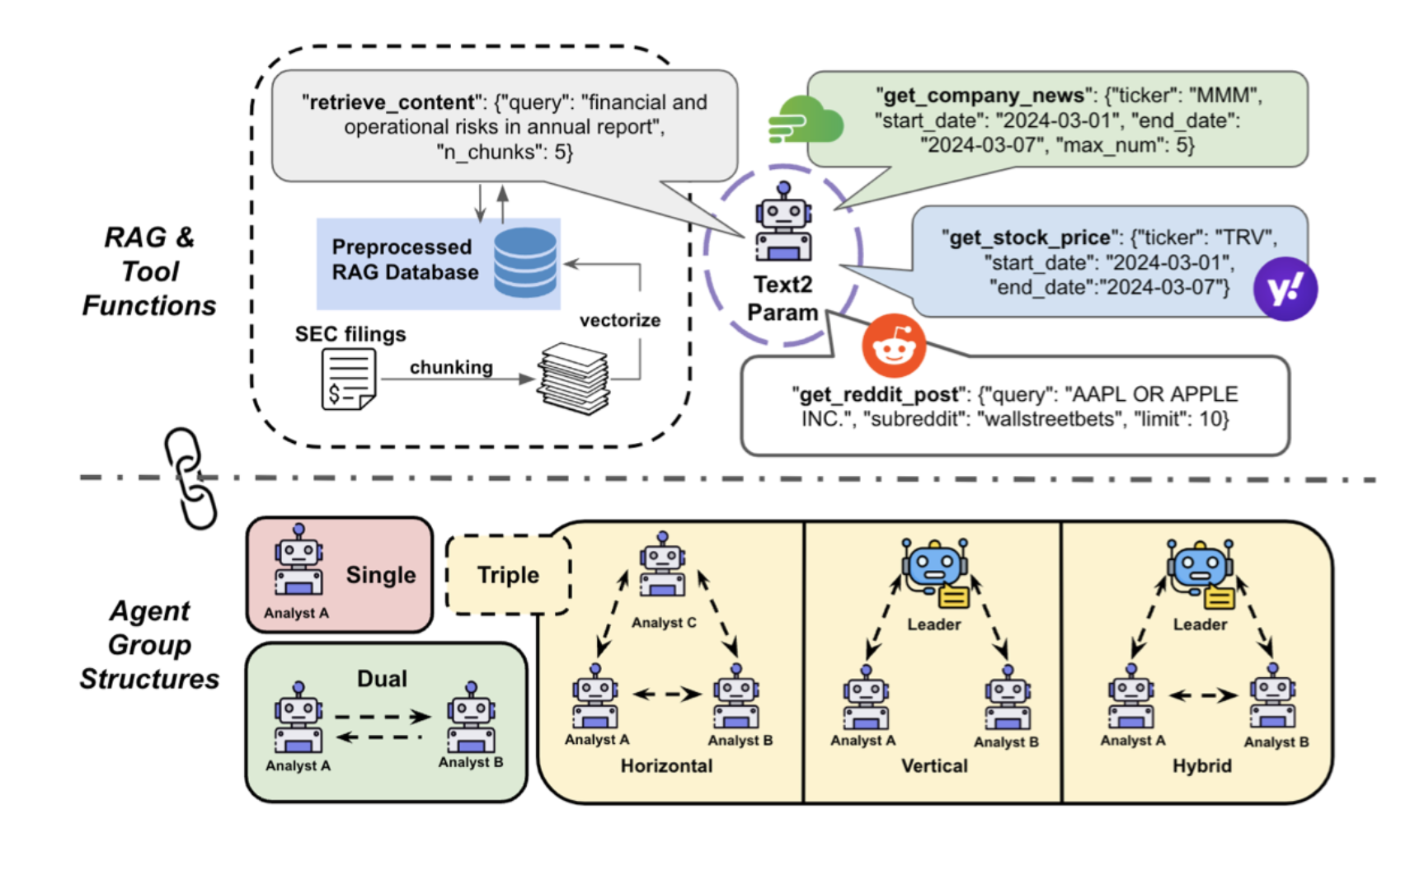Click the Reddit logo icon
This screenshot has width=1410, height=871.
pos(893,346)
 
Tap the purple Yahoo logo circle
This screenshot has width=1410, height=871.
pos(1285,289)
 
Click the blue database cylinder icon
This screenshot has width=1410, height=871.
pos(525,261)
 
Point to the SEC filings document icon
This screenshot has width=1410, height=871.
pos(348,379)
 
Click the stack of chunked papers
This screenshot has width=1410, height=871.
pos(575,379)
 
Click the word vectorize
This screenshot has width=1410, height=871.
pos(619,320)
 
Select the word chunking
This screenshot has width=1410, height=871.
pos(451,367)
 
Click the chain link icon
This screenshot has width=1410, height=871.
pos(190,478)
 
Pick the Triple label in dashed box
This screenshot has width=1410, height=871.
pos(508,575)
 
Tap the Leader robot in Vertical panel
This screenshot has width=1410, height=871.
pos(935,572)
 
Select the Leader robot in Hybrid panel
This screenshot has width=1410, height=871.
pos(1200,572)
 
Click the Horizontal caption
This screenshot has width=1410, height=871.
pos(666,766)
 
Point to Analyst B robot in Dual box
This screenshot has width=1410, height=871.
pos(471,718)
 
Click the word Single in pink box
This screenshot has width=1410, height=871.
pos(381,575)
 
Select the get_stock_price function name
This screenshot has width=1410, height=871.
pos(1029,238)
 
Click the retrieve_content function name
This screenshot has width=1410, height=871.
pos(388,102)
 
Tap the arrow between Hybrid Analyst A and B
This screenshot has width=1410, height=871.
pos(1203,695)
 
